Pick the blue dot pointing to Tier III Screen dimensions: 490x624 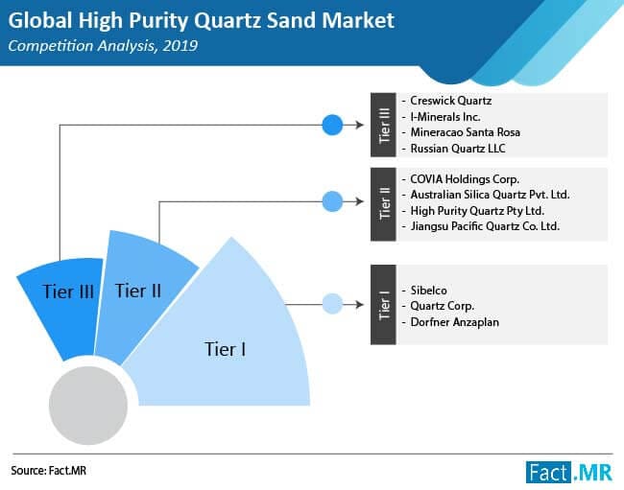tap(332, 125)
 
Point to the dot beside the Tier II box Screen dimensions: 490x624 tap(332, 201)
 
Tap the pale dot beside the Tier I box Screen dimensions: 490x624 tap(332, 305)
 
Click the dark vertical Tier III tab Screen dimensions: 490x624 tap(382, 125)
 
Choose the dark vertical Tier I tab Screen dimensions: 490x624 tap(382, 305)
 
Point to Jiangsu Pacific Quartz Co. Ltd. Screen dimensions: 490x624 tap(483, 226)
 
